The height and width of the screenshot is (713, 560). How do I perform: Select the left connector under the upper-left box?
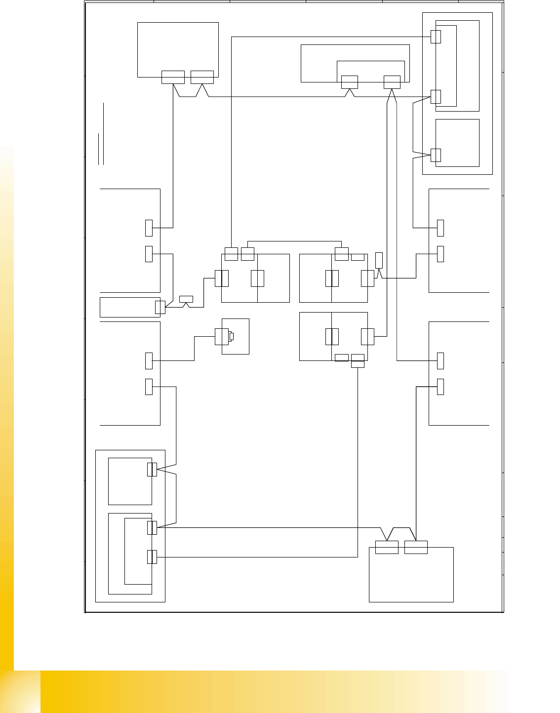click(173, 77)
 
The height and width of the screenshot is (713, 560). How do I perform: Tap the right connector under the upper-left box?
click(202, 77)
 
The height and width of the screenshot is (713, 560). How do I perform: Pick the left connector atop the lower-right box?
click(387, 547)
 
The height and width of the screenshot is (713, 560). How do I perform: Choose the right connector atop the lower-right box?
click(416, 547)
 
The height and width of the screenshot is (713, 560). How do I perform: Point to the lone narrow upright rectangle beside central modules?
click(379, 260)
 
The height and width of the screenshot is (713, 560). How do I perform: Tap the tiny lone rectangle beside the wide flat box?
click(186, 299)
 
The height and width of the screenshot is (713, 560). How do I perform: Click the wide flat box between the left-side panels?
click(127, 307)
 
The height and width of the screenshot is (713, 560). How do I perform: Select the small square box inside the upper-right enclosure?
click(457, 143)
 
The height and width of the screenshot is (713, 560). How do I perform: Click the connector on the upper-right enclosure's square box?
click(436, 155)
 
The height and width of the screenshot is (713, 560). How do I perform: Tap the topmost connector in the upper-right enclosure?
click(436, 37)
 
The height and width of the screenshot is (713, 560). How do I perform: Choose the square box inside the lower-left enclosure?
click(129, 481)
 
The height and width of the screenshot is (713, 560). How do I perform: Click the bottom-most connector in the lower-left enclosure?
click(152, 557)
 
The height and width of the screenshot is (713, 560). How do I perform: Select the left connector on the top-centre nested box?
click(350, 82)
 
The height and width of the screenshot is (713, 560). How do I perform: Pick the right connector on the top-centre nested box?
click(392, 82)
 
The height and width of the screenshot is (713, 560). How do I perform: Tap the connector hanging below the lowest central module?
click(358, 364)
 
